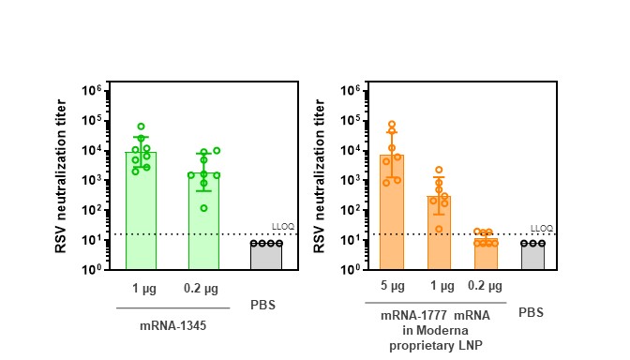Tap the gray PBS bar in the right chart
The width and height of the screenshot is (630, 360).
pos(532,256)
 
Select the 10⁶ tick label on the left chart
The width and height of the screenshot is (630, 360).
pos(92,91)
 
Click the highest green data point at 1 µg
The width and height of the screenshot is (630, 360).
pos(141,126)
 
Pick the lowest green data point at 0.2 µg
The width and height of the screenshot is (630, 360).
pos(203,208)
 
